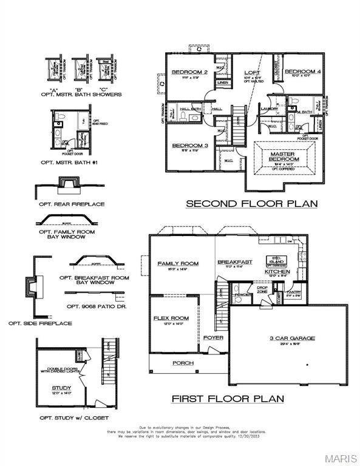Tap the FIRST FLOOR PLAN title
[228, 399]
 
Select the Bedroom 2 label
[189, 72]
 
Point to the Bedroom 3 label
[189, 146]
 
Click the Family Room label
[178, 263]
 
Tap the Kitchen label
[277, 272]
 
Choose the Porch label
[183, 363]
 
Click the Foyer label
[212, 337]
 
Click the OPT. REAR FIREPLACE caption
[72, 204]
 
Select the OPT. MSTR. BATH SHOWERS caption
[81, 95]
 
